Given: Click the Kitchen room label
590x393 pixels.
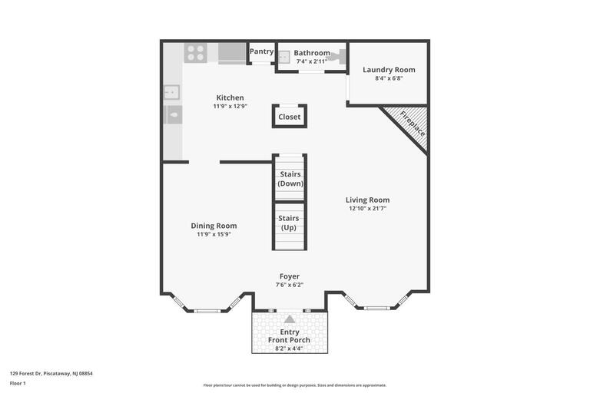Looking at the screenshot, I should [x=230, y=97].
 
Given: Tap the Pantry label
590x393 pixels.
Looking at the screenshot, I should [x=261, y=51].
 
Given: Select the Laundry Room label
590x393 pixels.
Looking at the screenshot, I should [x=389, y=70].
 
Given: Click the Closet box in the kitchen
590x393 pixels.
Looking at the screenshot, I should [x=290, y=117].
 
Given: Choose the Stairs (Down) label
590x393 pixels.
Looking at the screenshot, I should [x=290, y=179].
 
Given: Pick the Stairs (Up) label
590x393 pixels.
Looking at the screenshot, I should [x=289, y=223].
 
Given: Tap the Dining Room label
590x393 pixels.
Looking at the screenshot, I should [x=214, y=226].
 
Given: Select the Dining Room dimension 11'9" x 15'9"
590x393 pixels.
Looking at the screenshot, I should [x=214, y=234].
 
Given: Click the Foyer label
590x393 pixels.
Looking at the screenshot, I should [x=290, y=276].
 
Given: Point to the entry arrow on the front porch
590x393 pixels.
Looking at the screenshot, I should [x=290, y=319].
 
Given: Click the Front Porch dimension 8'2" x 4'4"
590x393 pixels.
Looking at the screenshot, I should [x=290, y=348].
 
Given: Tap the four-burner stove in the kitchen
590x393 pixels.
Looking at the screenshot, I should [x=196, y=53].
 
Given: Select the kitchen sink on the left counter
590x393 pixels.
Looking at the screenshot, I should [x=171, y=93].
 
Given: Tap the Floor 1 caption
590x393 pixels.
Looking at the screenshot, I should [x=18, y=383].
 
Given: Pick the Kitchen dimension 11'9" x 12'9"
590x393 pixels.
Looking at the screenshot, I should [x=230, y=106].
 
